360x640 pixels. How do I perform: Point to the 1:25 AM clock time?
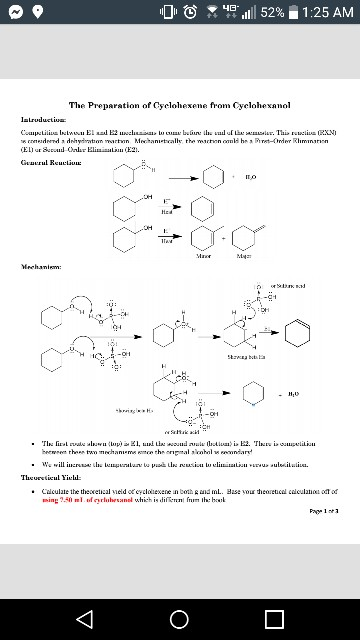pyautogui.click(x=326, y=12)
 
